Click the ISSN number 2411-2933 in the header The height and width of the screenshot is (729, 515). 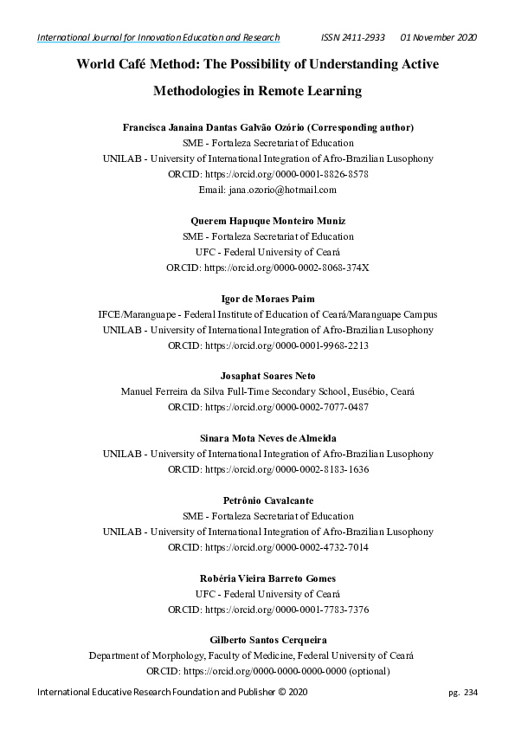[368, 37]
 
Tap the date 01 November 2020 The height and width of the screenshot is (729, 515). [438, 37]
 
